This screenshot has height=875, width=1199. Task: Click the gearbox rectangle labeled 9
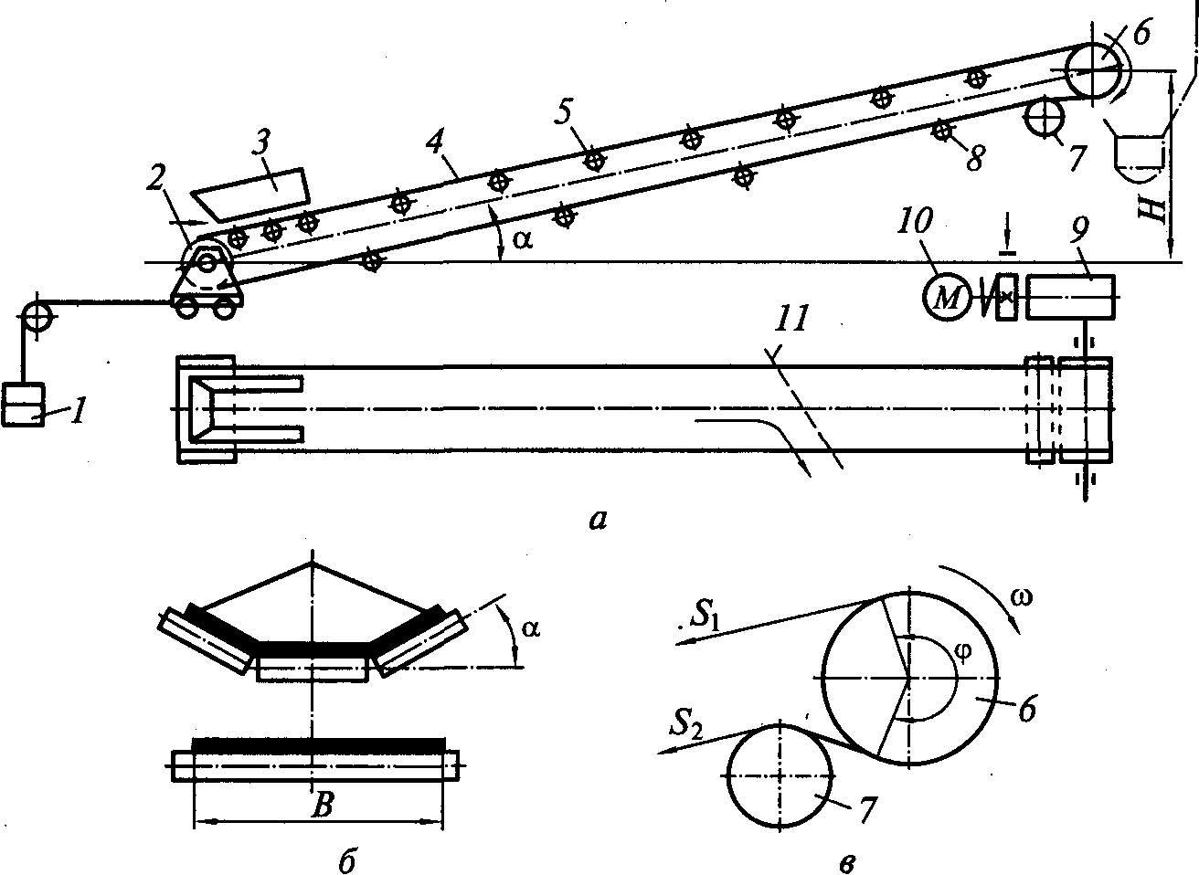1070,297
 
